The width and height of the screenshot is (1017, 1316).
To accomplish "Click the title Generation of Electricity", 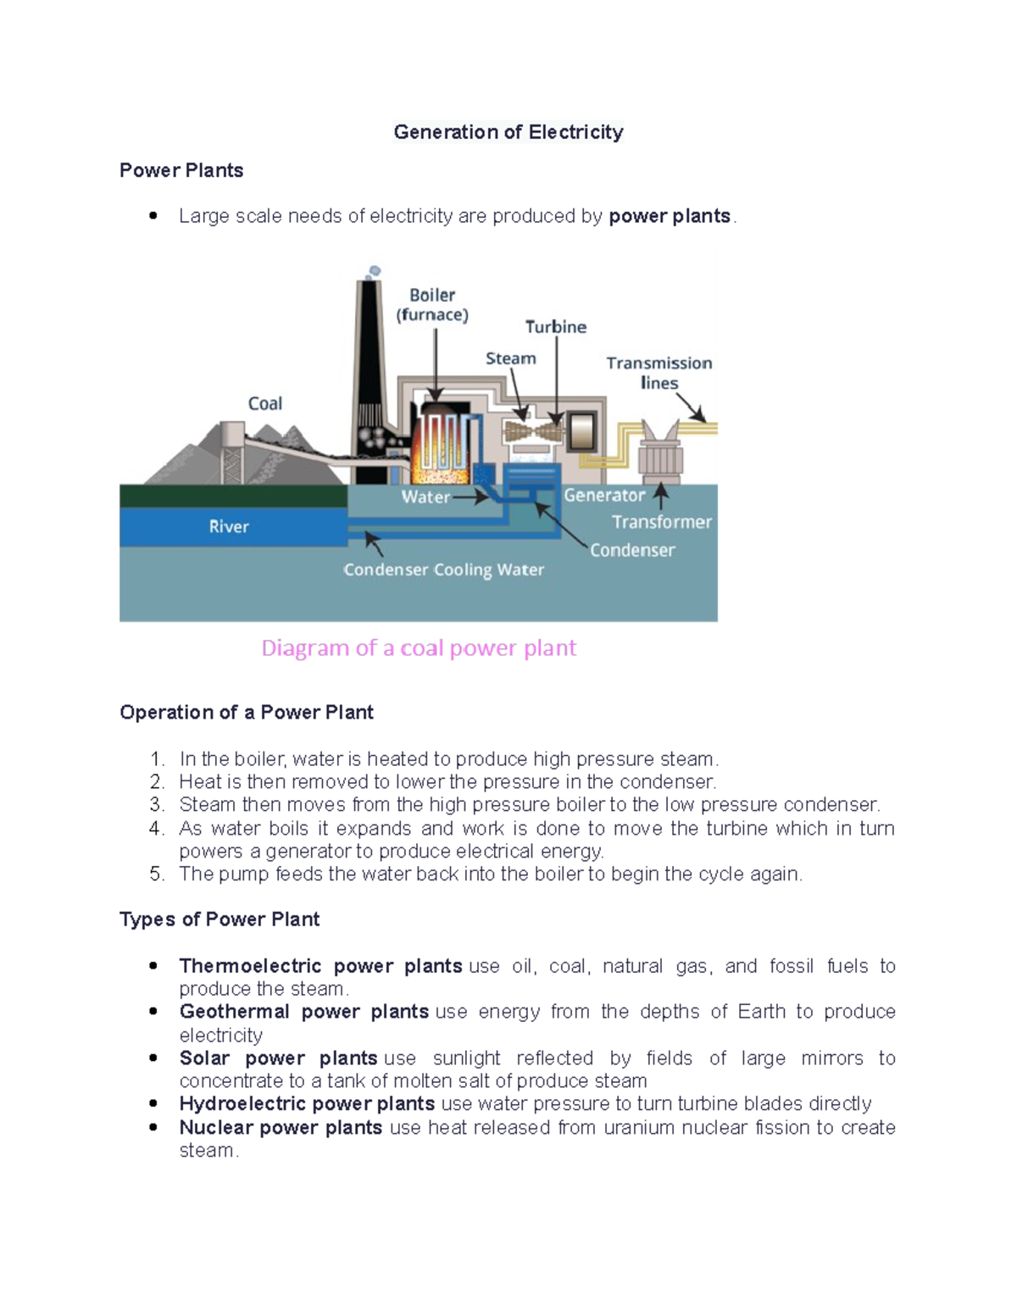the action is [x=508, y=132].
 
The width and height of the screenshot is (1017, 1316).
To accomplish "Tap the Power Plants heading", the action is [x=181, y=170].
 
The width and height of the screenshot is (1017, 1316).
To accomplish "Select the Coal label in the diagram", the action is [x=265, y=403].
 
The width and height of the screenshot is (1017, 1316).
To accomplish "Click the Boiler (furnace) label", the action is [x=432, y=305].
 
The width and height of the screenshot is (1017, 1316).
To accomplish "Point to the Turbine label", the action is [x=556, y=327].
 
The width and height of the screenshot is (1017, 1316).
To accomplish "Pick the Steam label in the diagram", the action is [x=510, y=358].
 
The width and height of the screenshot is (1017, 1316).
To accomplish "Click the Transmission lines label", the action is [x=659, y=373].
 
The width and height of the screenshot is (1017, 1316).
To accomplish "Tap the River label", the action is [x=229, y=526].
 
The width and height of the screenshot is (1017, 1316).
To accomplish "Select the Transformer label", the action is [x=662, y=522].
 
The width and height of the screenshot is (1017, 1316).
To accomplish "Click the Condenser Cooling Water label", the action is [x=443, y=569].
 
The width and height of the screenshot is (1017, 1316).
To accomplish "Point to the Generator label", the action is [x=604, y=495].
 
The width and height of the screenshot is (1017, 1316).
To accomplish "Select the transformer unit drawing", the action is [x=660, y=453].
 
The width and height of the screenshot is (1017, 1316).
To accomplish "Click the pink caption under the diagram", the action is [x=419, y=648].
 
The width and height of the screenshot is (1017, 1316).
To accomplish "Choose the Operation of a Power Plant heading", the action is [x=247, y=713].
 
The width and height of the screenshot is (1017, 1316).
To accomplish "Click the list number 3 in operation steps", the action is [x=156, y=804].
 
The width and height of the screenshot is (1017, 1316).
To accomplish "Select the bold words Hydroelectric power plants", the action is [x=307, y=1103].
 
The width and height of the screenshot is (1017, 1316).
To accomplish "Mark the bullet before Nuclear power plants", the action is [x=153, y=1127].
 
